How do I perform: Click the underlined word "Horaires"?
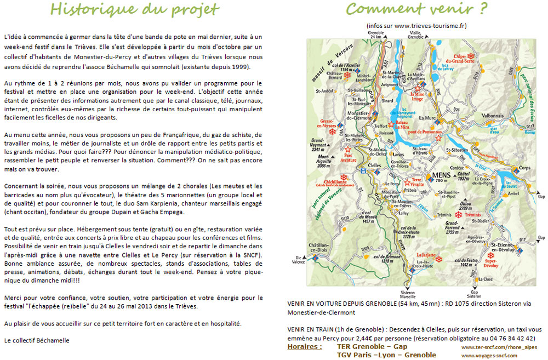(305, 347)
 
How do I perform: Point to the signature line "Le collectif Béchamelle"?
(37, 340)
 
